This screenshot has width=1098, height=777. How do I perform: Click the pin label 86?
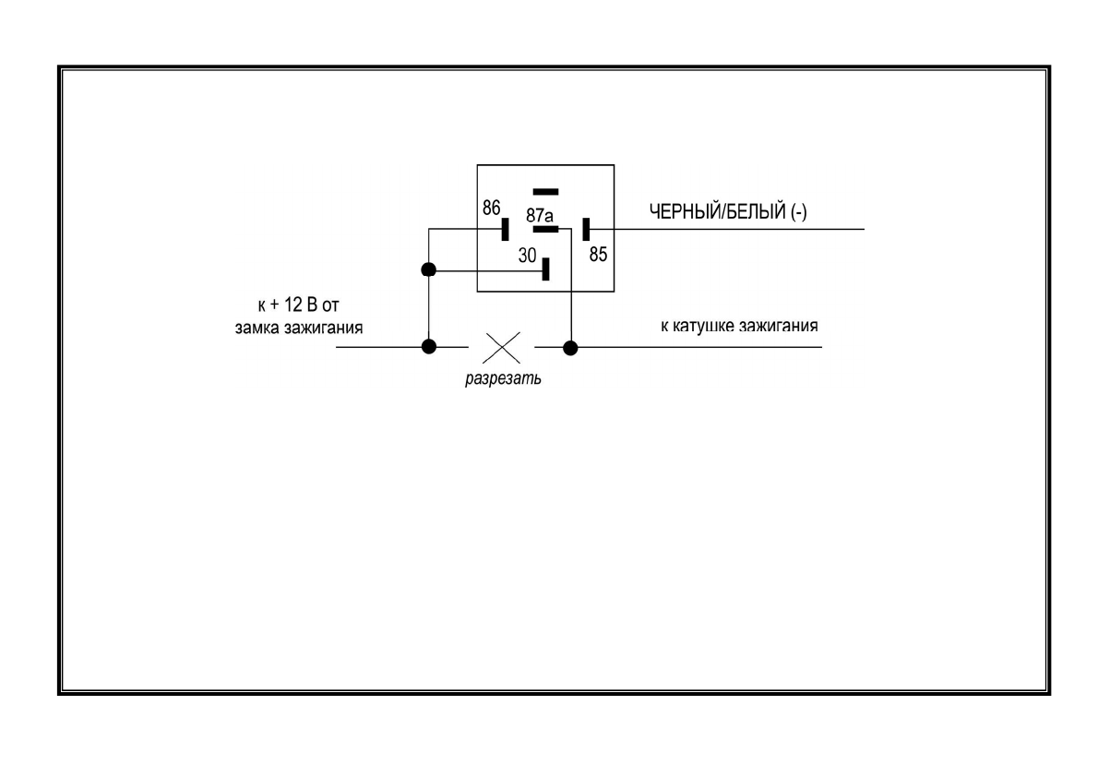(x=492, y=209)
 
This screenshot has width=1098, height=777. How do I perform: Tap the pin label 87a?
(x=540, y=214)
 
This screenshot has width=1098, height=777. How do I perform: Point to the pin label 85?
(x=599, y=254)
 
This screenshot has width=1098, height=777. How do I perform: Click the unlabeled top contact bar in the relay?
(x=546, y=192)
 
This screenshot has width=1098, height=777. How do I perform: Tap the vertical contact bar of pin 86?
(x=505, y=229)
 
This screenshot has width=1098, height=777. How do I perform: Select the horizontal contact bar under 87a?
(x=546, y=228)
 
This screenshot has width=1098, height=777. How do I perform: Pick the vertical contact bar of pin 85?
(x=586, y=229)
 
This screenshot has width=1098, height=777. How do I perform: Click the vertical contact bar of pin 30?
(x=546, y=269)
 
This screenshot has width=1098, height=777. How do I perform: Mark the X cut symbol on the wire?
(x=502, y=348)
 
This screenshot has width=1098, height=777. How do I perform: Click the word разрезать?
(x=503, y=379)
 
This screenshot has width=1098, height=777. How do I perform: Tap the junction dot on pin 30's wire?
(x=428, y=270)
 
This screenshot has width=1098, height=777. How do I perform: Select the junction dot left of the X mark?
(x=428, y=348)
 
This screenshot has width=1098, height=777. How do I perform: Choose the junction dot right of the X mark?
(x=571, y=348)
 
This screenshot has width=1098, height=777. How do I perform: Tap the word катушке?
(x=706, y=326)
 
